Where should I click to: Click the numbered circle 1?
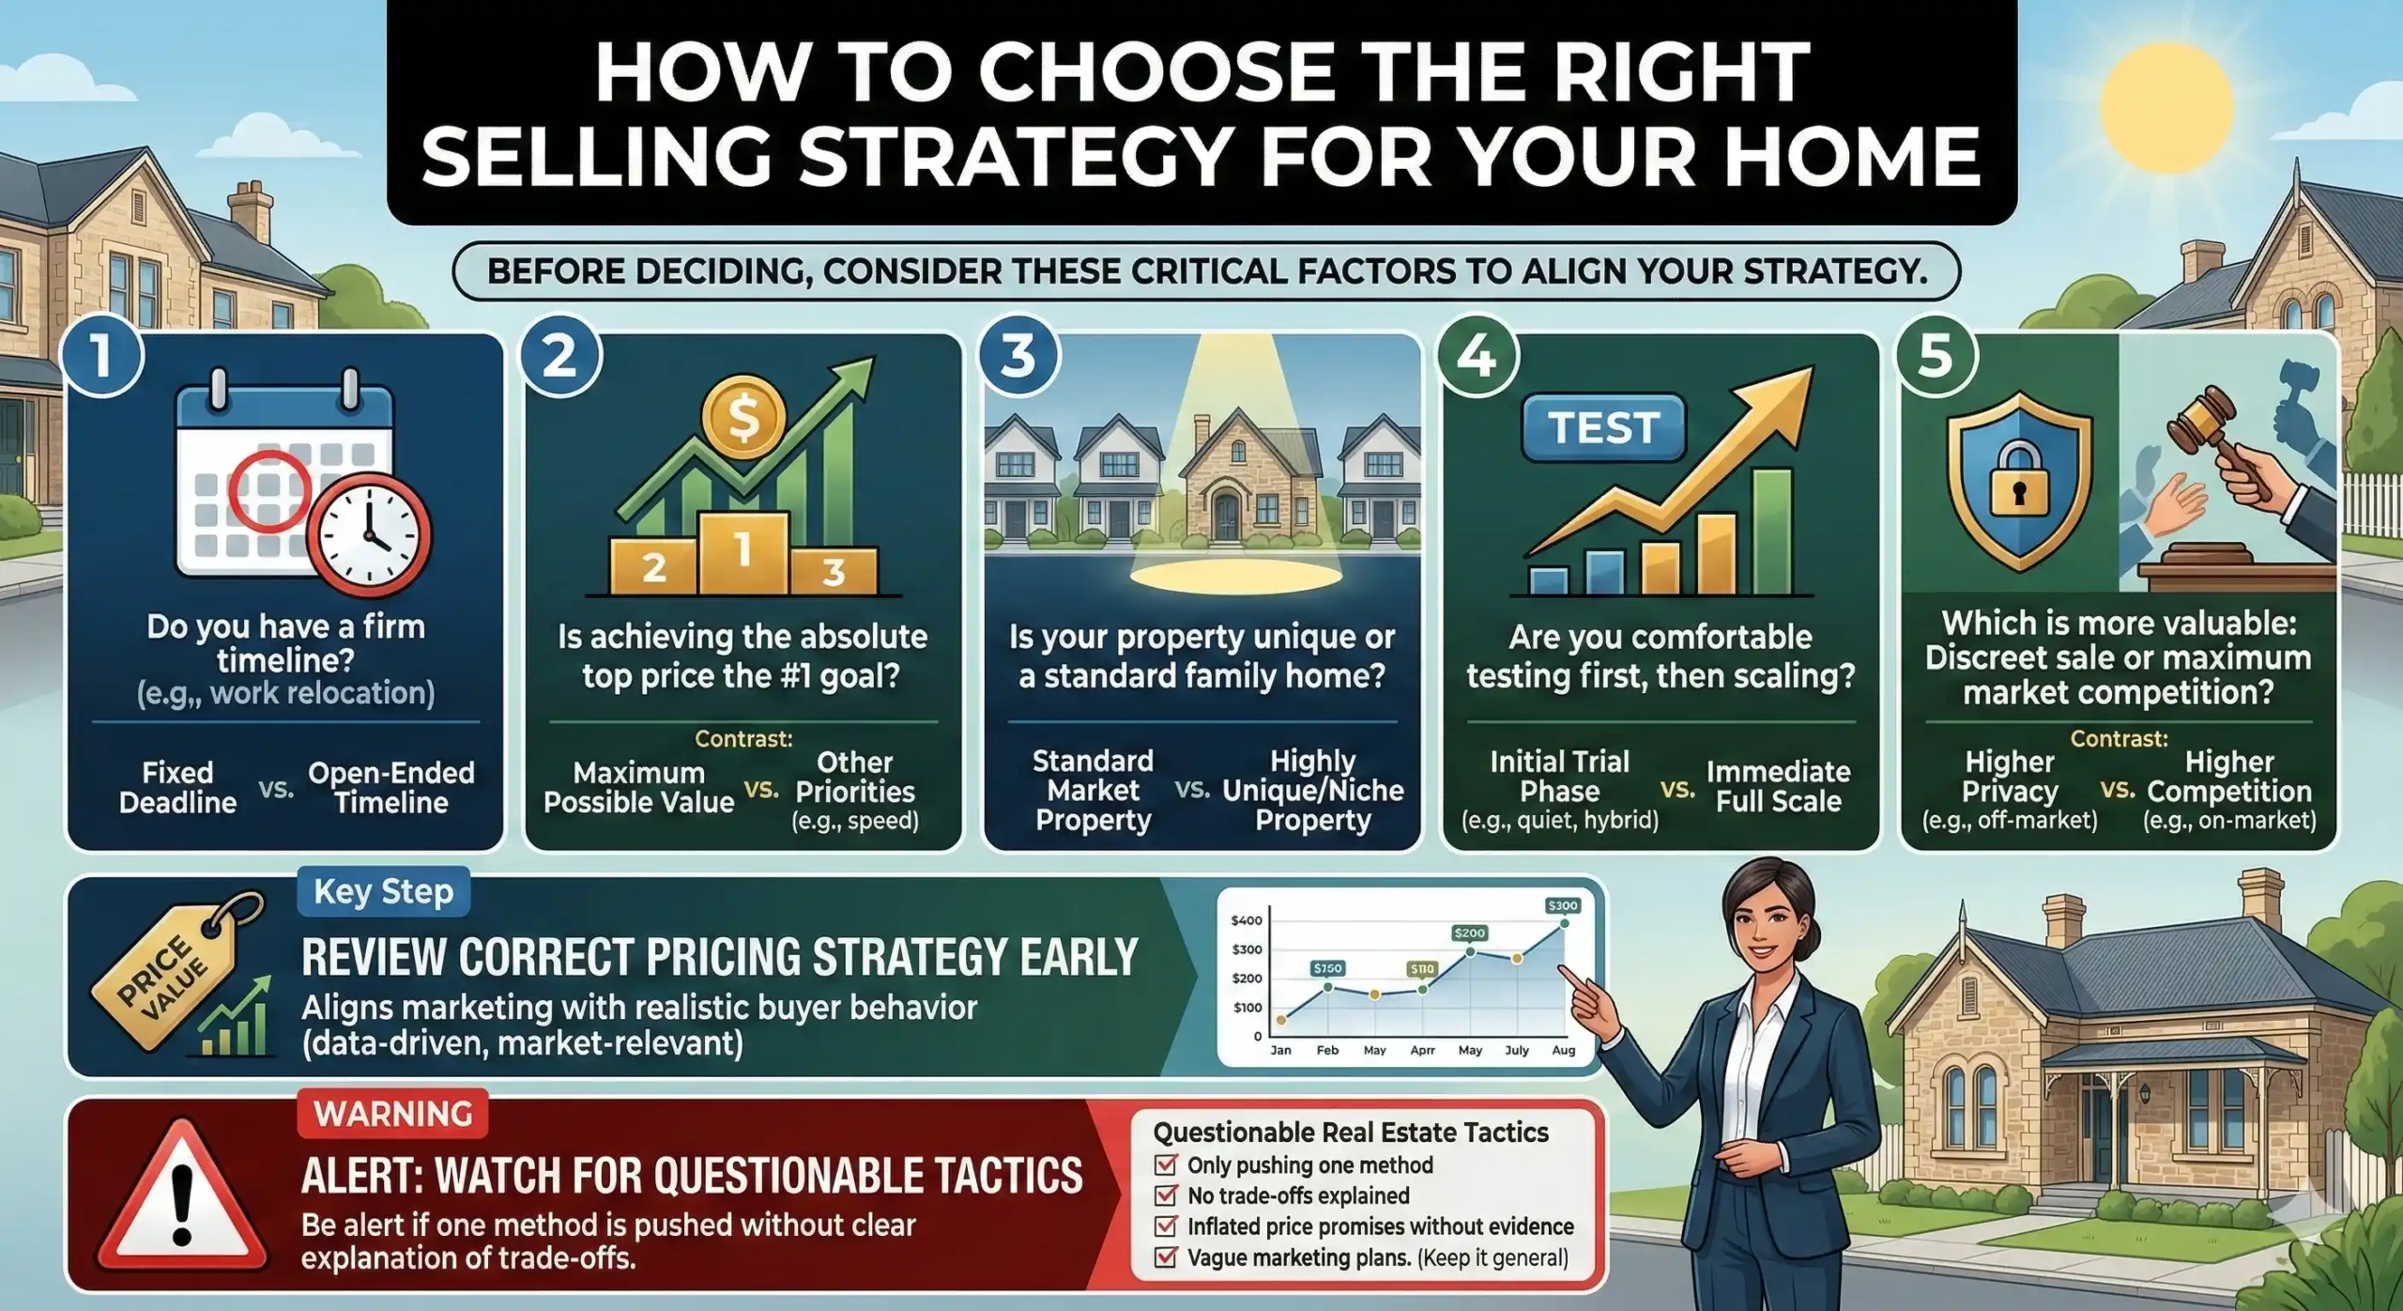click(101, 356)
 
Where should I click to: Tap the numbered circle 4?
click(1477, 356)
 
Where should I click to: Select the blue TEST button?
click(1602, 427)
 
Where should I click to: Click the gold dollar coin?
click(743, 419)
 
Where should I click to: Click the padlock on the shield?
click(2018, 479)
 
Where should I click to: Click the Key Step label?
click(383, 891)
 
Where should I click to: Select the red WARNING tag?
click(392, 1114)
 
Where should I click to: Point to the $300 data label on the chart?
click(1562, 906)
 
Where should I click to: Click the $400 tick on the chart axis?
click(1247, 920)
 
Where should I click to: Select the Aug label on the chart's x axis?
click(1563, 1050)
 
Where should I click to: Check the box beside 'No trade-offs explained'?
click(1166, 1195)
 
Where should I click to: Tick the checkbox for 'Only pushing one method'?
click(1166, 1164)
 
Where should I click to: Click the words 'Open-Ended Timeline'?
click(391, 787)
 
